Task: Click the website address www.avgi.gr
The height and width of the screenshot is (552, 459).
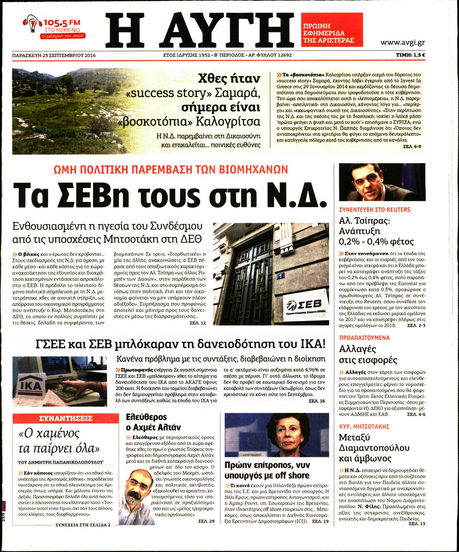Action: [x=402, y=43]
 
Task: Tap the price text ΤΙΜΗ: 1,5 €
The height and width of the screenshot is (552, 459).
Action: [x=410, y=55]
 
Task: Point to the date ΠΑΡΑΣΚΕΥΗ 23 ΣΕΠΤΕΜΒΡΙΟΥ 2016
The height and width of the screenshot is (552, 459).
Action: [x=54, y=55]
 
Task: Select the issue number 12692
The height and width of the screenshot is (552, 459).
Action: [x=282, y=55]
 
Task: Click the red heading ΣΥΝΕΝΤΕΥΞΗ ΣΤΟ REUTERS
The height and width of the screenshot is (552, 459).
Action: [x=375, y=210]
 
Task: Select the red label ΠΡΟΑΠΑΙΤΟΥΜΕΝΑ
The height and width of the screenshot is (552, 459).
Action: [x=364, y=338]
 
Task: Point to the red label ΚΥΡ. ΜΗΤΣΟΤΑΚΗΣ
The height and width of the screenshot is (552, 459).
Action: [x=364, y=426]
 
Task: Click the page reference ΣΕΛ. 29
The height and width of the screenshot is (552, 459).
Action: [x=206, y=521]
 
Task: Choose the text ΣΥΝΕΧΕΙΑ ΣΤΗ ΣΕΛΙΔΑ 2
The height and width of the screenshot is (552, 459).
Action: [x=82, y=525]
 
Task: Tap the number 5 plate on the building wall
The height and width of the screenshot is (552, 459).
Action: [x=281, y=277]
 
